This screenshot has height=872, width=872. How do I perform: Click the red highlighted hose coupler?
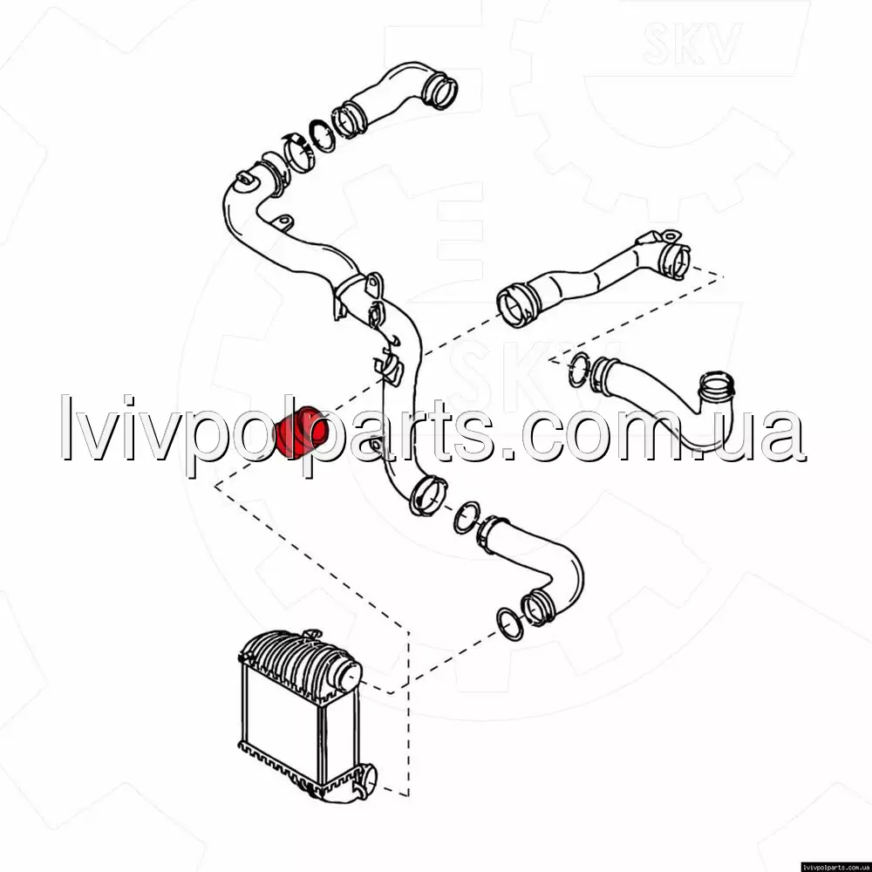302,432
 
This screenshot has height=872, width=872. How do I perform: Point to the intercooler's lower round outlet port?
366,781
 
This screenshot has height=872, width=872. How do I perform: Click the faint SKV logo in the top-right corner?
691,43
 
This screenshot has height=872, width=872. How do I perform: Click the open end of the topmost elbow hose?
439,92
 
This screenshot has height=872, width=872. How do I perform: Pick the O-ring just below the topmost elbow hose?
322,136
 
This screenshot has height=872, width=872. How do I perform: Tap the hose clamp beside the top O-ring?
298,153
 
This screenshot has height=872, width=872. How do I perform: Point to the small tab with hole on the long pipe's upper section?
283,221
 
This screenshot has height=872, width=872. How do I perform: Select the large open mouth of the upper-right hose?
517,304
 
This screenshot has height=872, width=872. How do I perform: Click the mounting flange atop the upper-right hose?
669,235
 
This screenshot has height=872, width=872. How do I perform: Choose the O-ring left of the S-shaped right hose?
579,369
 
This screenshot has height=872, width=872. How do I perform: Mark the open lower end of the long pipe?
427,495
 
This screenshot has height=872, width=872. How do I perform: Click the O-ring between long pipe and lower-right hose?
467,518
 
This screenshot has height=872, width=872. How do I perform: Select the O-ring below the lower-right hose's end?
509,624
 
